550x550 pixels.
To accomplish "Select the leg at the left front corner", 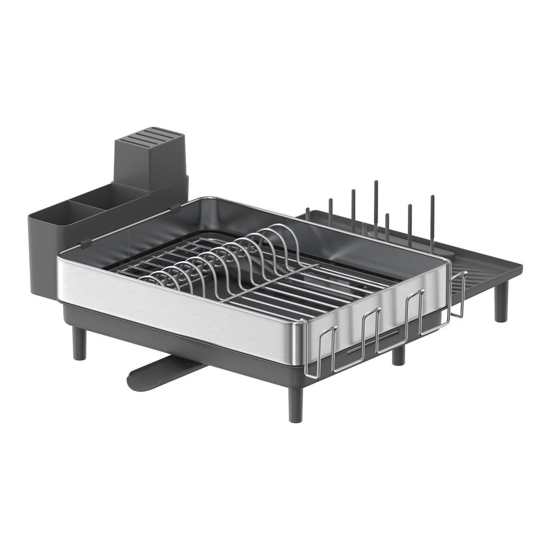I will click(79, 343).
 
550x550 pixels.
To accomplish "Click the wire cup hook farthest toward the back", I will click(458, 295).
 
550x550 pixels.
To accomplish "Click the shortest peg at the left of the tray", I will click(308, 213).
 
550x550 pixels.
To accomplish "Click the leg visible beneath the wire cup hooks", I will click(398, 356).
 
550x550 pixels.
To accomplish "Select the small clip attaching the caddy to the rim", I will click(86, 243).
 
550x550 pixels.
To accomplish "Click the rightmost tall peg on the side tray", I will click(432, 219).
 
